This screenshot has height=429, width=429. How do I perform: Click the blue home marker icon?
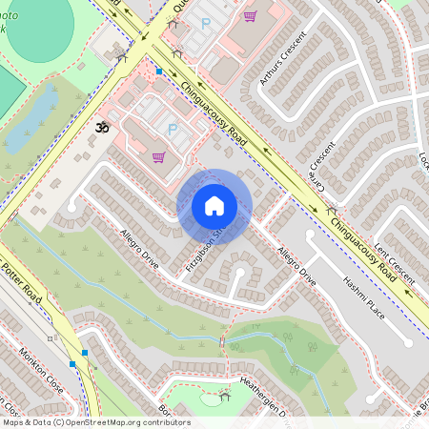214,206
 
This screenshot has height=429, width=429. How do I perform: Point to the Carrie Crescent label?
322,161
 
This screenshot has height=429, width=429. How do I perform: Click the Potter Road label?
20,277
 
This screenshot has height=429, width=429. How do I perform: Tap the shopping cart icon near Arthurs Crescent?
250,15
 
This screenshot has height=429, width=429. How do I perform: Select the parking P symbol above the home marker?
173,129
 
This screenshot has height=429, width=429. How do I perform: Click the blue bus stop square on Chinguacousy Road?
159,71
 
